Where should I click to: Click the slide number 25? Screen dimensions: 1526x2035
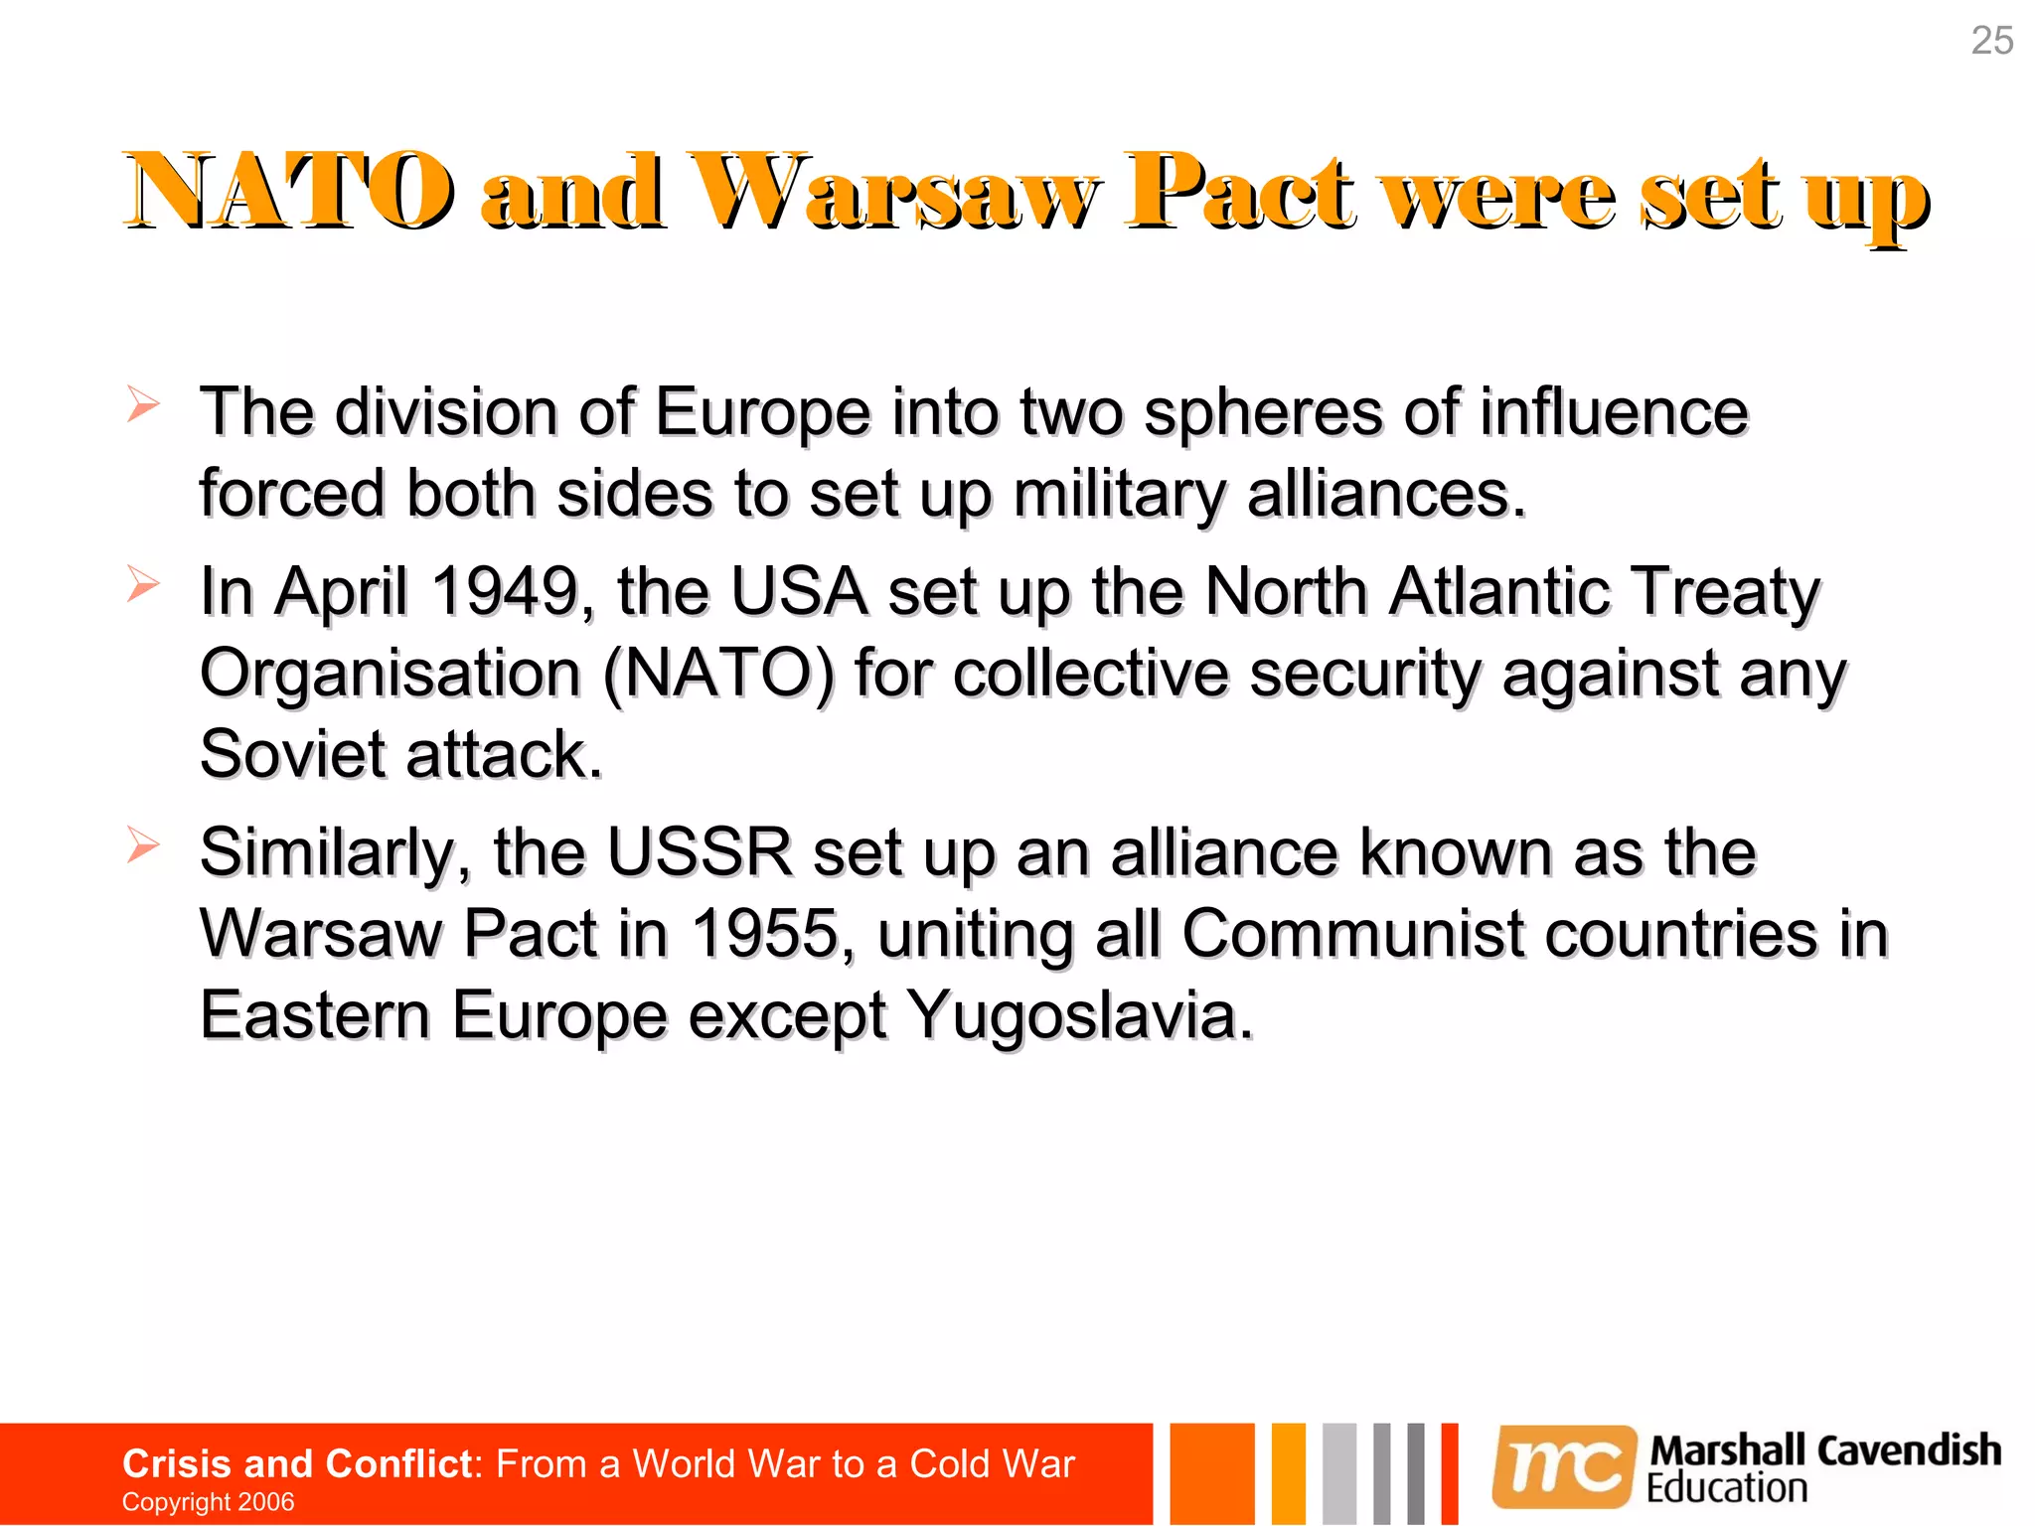click(x=1991, y=41)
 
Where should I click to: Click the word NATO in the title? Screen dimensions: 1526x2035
click(x=288, y=191)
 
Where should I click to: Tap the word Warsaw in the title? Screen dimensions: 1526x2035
click(x=894, y=191)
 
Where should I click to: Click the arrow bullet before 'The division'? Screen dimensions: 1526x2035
click(x=143, y=404)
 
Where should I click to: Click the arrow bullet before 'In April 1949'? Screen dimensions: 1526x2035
click(x=143, y=584)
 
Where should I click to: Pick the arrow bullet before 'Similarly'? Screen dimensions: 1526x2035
click(x=143, y=845)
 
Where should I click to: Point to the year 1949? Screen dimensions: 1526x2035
click(x=506, y=591)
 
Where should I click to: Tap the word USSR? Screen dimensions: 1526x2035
click(x=700, y=852)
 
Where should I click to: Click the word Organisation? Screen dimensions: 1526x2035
click(x=390, y=674)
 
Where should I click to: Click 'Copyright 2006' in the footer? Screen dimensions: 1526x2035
click(x=208, y=1501)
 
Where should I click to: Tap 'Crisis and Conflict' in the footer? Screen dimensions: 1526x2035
click(x=296, y=1463)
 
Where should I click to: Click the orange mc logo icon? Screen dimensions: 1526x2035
click(x=1564, y=1466)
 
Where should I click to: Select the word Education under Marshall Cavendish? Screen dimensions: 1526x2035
click(x=1727, y=1488)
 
